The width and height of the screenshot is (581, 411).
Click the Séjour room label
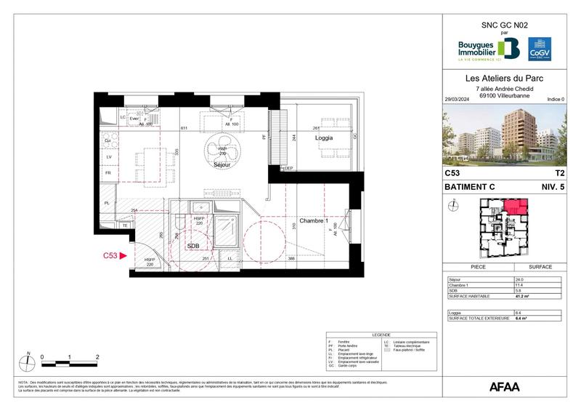coord(223,165)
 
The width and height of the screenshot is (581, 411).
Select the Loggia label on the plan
coord(324,137)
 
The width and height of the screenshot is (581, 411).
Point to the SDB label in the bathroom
coord(194,246)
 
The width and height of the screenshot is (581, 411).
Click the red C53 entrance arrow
coord(123,255)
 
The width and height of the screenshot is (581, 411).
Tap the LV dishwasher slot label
coord(109,156)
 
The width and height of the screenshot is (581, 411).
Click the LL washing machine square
coord(231,258)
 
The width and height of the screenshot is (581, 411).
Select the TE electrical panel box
coord(124,226)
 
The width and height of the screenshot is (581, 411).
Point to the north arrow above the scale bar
coord(27,357)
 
